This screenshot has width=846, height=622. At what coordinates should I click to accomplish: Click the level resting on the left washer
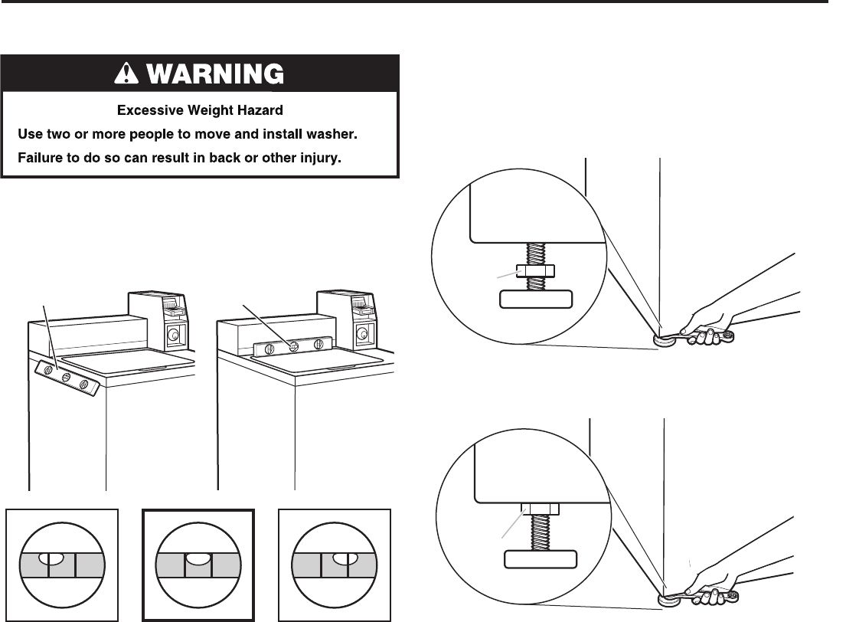click(67, 377)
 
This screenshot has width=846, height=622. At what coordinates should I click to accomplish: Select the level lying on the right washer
click(292, 345)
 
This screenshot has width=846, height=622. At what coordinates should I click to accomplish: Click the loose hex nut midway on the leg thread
click(536, 270)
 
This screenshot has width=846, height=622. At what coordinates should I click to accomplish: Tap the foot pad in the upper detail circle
click(536, 300)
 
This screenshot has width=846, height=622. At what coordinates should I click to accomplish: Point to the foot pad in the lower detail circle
click(539, 560)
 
